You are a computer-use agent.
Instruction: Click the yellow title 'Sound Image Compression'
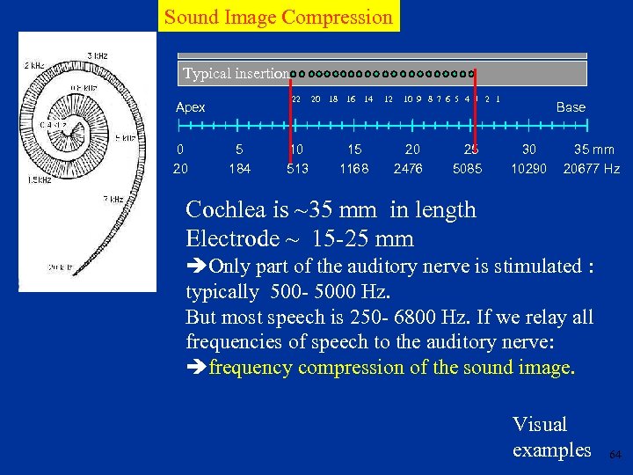click(279, 16)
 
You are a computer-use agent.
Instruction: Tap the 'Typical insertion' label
click(235, 74)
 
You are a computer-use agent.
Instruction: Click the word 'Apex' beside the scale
click(190, 107)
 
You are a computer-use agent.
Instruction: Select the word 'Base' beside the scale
click(571, 107)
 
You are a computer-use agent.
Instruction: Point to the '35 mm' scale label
click(594, 150)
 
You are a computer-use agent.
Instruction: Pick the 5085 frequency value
click(467, 168)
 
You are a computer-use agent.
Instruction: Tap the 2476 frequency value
click(409, 168)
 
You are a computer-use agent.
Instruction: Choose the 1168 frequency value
click(354, 168)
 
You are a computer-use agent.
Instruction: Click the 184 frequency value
click(239, 168)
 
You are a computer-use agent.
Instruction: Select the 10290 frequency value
click(528, 168)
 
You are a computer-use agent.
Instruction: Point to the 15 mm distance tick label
click(354, 150)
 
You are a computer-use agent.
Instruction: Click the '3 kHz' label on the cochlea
click(98, 55)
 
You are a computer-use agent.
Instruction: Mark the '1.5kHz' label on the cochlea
click(37, 179)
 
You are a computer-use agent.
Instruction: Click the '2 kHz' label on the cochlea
click(34, 65)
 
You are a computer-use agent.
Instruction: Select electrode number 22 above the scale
click(296, 99)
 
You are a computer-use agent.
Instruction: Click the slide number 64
click(615, 455)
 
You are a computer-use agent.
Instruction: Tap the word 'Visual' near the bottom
click(540, 425)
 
